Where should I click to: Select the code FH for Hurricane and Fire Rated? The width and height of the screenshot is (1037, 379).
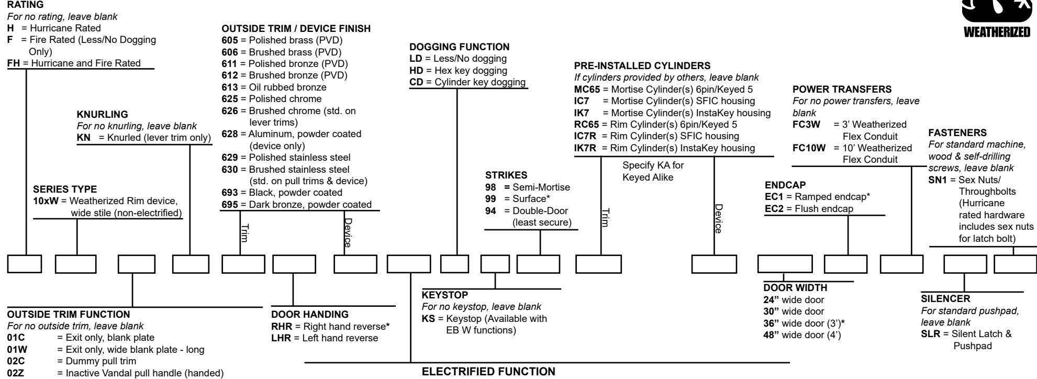pos(14,63)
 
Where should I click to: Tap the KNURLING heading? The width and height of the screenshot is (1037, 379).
pos(102,114)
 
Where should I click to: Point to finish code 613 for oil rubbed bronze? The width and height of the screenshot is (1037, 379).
pos(230,87)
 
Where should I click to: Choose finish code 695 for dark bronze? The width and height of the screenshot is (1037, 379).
pos(230,205)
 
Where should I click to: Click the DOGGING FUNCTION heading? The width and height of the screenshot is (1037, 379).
pos(459,47)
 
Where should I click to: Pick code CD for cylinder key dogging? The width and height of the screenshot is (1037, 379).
pos(416,82)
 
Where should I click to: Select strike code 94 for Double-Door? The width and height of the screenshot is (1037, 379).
pos(490,211)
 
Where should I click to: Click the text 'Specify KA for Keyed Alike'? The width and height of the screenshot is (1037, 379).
pos(653,171)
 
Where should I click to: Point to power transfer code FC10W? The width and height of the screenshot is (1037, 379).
pos(809,148)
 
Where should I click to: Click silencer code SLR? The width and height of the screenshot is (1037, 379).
pos(930,334)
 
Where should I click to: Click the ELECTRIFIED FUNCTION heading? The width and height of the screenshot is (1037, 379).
pos(488,372)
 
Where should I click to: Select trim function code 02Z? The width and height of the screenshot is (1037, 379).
pos(15,374)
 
